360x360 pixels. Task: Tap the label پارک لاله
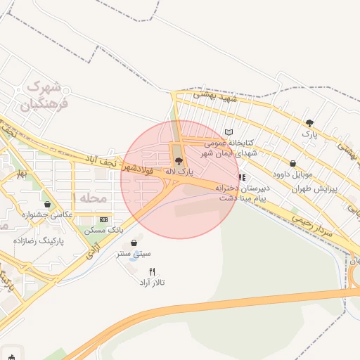180,171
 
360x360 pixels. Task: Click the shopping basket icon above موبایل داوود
292,163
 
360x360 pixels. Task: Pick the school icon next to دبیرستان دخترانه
242,178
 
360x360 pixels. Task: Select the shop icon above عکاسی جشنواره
47,204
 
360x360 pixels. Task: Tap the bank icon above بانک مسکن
104,219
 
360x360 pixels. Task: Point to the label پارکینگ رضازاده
38,240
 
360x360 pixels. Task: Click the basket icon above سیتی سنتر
134,243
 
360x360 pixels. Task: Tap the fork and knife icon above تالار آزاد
152,271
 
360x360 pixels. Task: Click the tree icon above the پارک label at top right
309,123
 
